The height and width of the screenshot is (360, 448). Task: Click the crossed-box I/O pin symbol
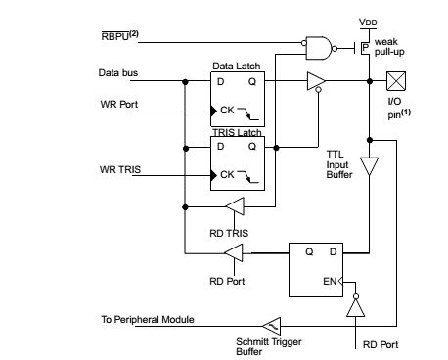tap(395, 82)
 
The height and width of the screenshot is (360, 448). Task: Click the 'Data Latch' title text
tap(235, 66)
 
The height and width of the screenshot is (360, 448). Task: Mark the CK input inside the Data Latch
tap(227, 110)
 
